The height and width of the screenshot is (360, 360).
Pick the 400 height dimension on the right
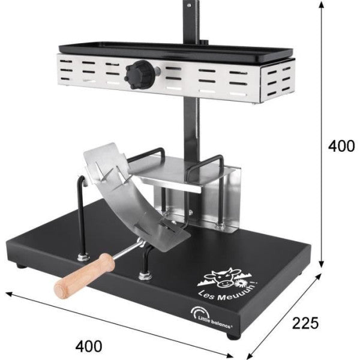coord(343,146)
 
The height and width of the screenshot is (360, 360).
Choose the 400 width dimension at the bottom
coord(90,346)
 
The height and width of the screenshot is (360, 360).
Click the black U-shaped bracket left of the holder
coord(81,216)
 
